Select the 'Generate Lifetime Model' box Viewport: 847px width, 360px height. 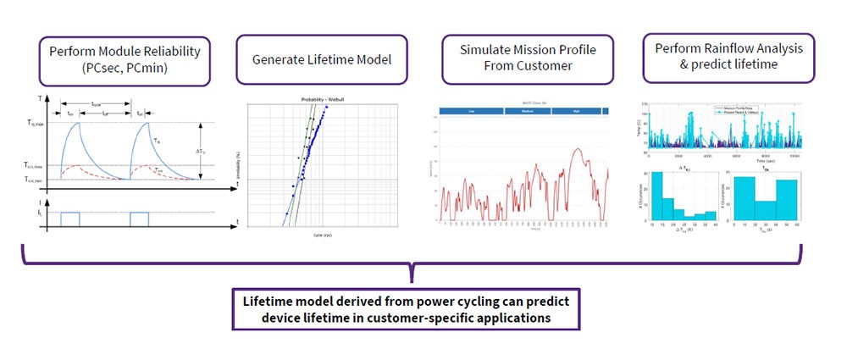coord(316,60)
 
